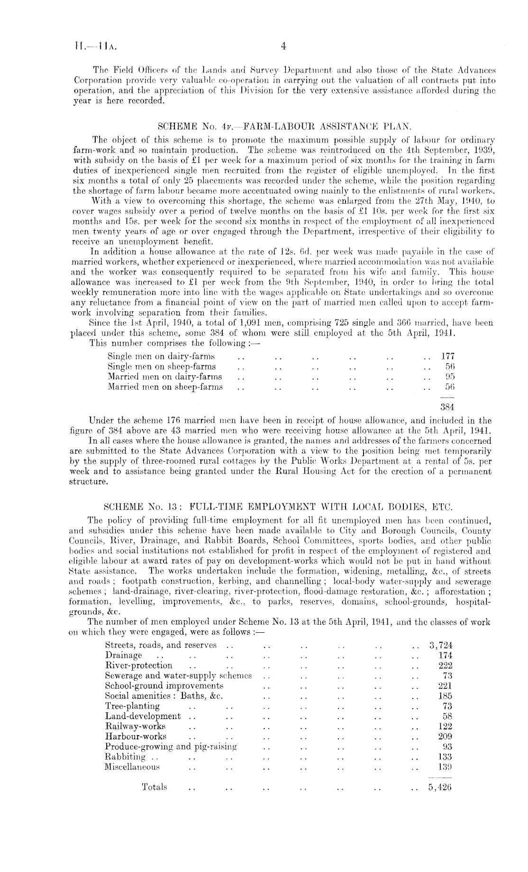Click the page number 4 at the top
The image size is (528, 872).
coord(283,46)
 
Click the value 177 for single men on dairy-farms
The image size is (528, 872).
coord(447,356)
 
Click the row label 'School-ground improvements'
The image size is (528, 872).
coord(164,685)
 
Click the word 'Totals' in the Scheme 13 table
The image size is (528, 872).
coord(155,787)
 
